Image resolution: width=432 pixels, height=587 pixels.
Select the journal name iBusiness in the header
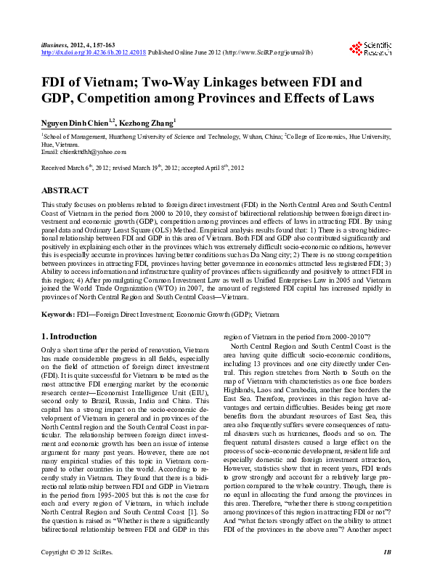[56, 45]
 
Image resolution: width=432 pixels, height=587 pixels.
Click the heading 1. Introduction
[70, 336]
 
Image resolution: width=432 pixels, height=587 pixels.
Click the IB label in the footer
[388, 571]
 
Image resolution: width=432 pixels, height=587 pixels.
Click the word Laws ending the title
[356, 97]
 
